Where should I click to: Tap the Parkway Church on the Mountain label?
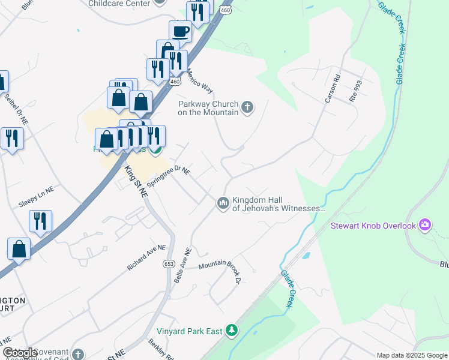(x=208, y=107)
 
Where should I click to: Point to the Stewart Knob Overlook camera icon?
(x=426, y=225)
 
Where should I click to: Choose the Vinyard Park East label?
(x=190, y=331)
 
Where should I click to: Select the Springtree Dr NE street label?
(x=168, y=177)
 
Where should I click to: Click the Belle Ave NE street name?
(x=182, y=266)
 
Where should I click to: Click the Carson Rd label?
(x=333, y=88)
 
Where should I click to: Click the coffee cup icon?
(x=180, y=30)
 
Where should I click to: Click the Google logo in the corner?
(x=20, y=353)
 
